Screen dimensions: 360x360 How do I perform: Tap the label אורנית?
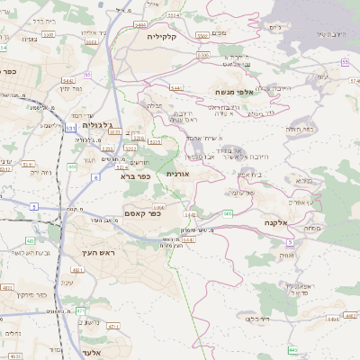(178, 173)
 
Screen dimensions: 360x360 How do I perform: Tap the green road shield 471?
(78, 310)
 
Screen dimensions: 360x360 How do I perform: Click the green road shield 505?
(227, 213)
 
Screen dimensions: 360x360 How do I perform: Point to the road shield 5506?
(202, 55)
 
